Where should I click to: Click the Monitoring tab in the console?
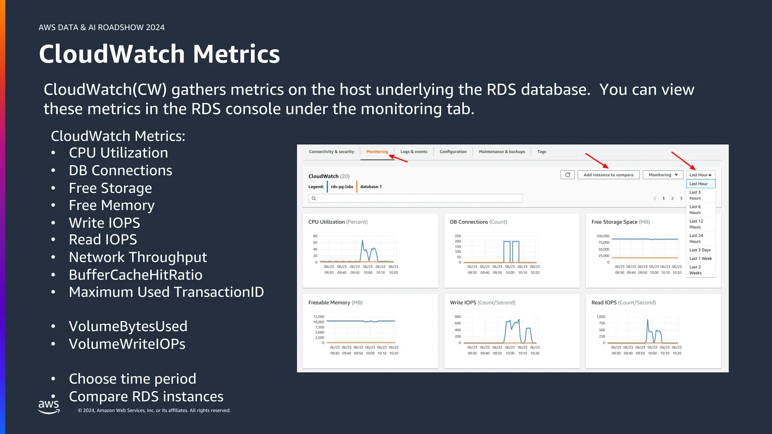click(x=377, y=152)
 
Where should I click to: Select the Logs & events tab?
click(x=414, y=152)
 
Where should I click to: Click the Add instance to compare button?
click(x=608, y=175)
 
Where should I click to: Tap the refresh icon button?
click(x=567, y=175)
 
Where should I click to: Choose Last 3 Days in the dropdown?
click(x=700, y=250)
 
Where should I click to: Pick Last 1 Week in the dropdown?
click(x=700, y=258)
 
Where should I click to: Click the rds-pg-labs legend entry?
click(x=342, y=187)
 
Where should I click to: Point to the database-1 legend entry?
click(x=371, y=187)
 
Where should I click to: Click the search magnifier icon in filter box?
click(x=314, y=199)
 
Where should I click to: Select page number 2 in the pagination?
click(x=672, y=199)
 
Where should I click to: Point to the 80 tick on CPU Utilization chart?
click(x=315, y=236)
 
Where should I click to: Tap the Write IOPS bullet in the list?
click(x=104, y=223)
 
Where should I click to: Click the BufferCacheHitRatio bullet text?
click(x=135, y=275)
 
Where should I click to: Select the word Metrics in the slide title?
click(x=236, y=54)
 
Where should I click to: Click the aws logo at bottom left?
click(x=49, y=406)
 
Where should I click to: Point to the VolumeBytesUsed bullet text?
click(x=128, y=326)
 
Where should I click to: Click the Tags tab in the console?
click(x=541, y=152)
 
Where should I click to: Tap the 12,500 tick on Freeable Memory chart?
click(x=318, y=317)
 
